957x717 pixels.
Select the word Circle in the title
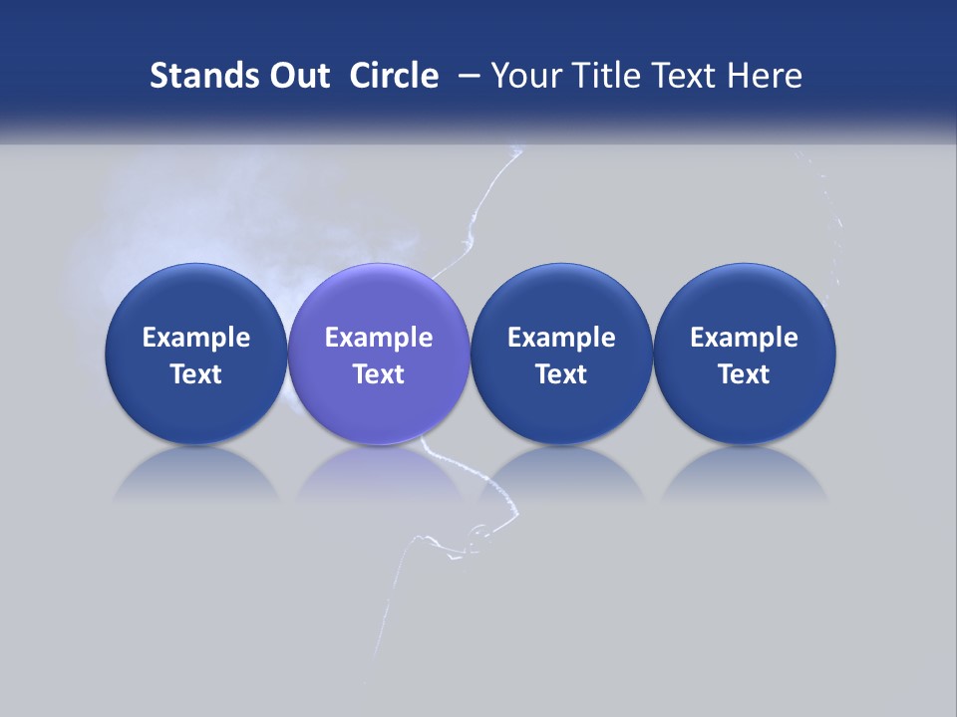click(394, 76)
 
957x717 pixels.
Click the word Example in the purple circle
click(379, 338)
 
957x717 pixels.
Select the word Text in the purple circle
click(379, 374)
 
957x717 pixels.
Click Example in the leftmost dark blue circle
click(196, 338)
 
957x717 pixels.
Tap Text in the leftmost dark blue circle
click(196, 374)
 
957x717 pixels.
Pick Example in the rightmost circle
click(745, 338)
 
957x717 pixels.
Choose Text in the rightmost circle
click(745, 374)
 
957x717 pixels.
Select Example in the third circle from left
click(561, 338)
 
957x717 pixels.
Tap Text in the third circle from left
click(561, 374)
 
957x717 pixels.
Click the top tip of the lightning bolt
click(516, 150)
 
